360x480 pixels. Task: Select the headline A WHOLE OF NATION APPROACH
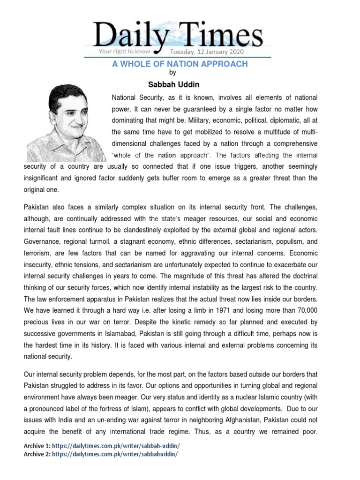180,64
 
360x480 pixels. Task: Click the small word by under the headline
172,73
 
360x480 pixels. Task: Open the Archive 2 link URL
115,454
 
